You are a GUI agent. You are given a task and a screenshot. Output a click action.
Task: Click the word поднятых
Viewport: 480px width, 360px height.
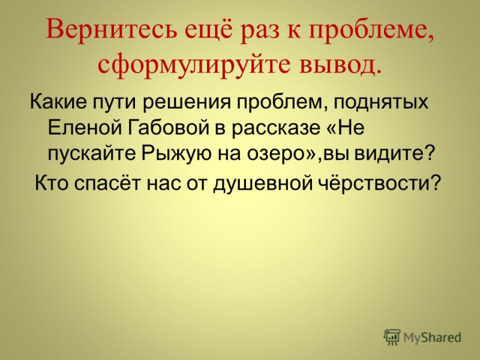380,101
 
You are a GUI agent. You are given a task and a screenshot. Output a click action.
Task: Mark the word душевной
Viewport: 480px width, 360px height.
262,184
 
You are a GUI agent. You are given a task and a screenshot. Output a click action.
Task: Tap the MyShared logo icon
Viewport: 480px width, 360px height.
392,337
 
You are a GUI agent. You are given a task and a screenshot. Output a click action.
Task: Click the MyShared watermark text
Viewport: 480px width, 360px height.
432,338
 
